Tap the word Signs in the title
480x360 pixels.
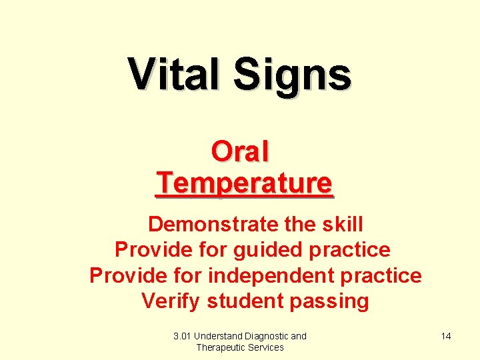tap(292, 75)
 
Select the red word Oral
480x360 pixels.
tap(240, 151)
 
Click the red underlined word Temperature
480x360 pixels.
tap(244, 182)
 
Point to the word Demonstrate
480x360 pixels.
tap(213, 224)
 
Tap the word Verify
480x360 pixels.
tap(171, 301)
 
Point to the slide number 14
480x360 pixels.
tap(446, 336)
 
